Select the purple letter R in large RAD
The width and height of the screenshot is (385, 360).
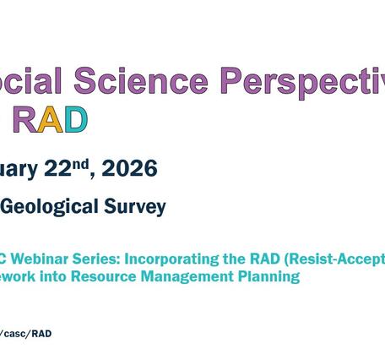click(25, 120)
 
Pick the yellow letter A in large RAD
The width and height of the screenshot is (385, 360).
click(51, 120)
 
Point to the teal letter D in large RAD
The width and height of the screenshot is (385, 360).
click(75, 120)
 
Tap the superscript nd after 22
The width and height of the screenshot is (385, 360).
click(81, 163)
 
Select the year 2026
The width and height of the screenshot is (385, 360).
click(129, 169)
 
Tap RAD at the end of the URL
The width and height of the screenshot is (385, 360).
click(41, 334)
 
